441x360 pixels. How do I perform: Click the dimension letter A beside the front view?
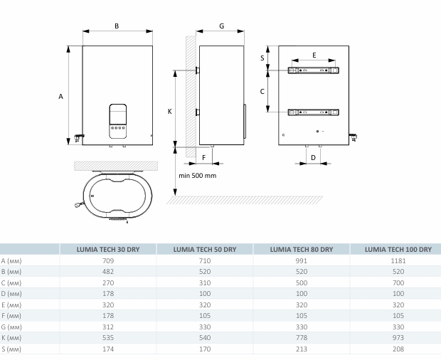tap(61, 96)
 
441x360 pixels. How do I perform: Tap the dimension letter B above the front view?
tap(117, 26)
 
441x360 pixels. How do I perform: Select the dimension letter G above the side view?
tap(221, 26)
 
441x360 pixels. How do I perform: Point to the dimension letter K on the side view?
tap(169, 111)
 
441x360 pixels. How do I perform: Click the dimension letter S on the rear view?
tap(262, 58)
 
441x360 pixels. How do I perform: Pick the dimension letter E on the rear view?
tap(314, 54)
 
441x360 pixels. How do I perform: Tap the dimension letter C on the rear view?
tap(262, 91)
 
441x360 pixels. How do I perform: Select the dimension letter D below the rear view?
tap(314, 156)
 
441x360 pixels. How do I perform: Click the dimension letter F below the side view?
tap(203, 156)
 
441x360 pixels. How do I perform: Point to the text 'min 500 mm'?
tap(197, 176)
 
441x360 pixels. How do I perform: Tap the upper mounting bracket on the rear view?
tap(314, 70)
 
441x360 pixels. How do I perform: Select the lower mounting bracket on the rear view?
tap(314, 112)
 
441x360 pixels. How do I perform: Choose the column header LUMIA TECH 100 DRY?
tap(398, 249)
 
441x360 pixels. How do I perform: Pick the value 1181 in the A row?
tap(398, 260)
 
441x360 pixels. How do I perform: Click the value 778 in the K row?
tap(302, 337)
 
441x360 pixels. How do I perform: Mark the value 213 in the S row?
tap(302, 349)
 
